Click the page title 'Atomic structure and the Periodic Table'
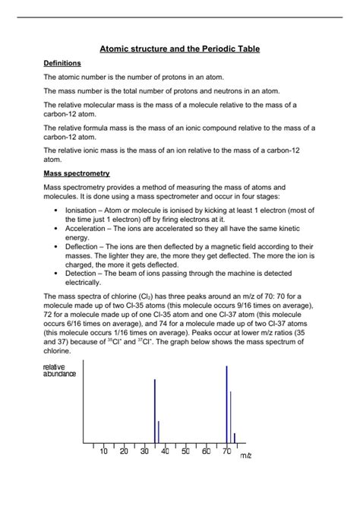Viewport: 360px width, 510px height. point(180,49)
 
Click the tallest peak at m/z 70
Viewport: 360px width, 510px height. point(226,403)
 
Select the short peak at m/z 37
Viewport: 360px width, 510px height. point(159,432)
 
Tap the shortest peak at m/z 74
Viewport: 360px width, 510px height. point(235,438)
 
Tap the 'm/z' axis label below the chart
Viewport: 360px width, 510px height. point(245,456)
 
